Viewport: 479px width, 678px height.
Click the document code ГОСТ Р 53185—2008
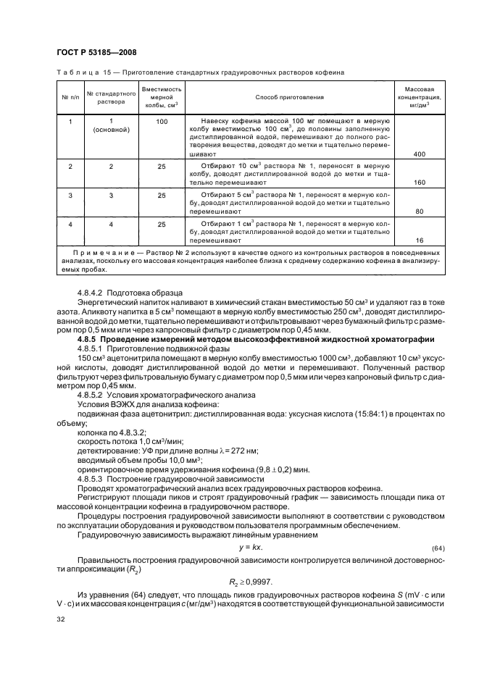click(x=96, y=53)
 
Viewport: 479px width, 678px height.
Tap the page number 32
click(x=60, y=619)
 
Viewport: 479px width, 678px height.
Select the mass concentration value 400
click(x=419, y=154)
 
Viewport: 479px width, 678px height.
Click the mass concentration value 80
click(x=419, y=212)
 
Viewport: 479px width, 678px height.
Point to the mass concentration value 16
click(x=419, y=239)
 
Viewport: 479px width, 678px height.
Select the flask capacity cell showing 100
click(x=162, y=121)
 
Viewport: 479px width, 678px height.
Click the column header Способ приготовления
click(x=289, y=96)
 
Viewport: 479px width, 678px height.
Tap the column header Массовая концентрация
click(x=419, y=96)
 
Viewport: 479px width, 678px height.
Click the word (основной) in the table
click(x=112, y=130)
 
